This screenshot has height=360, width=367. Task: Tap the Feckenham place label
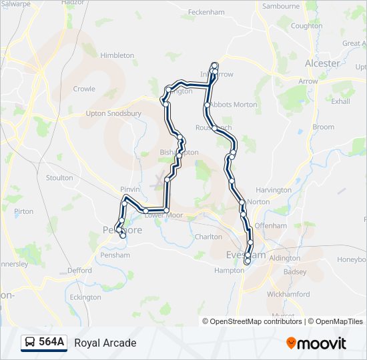[206, 12]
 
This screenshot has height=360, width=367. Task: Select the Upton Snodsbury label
[113, 113]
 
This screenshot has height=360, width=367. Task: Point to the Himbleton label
[117, 55]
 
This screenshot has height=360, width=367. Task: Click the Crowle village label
[84, 89]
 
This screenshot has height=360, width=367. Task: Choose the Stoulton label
[59, 178]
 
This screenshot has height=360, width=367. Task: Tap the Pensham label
[114, 255]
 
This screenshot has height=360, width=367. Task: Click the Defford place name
[79, 271]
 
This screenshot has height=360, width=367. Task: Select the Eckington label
[85, 297]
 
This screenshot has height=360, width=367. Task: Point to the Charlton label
[208, 237]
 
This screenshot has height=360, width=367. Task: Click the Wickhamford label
[288, 294]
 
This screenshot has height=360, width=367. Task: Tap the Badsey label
[295, 272]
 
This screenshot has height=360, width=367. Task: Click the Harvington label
[274, 190]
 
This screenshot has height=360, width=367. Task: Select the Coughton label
[306, 26]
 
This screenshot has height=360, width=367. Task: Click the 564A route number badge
[51, 343]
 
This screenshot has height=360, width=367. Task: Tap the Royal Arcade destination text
[105, 343]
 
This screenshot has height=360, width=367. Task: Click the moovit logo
[316, 343]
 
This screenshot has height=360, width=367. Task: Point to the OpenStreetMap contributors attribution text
[256, 321]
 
